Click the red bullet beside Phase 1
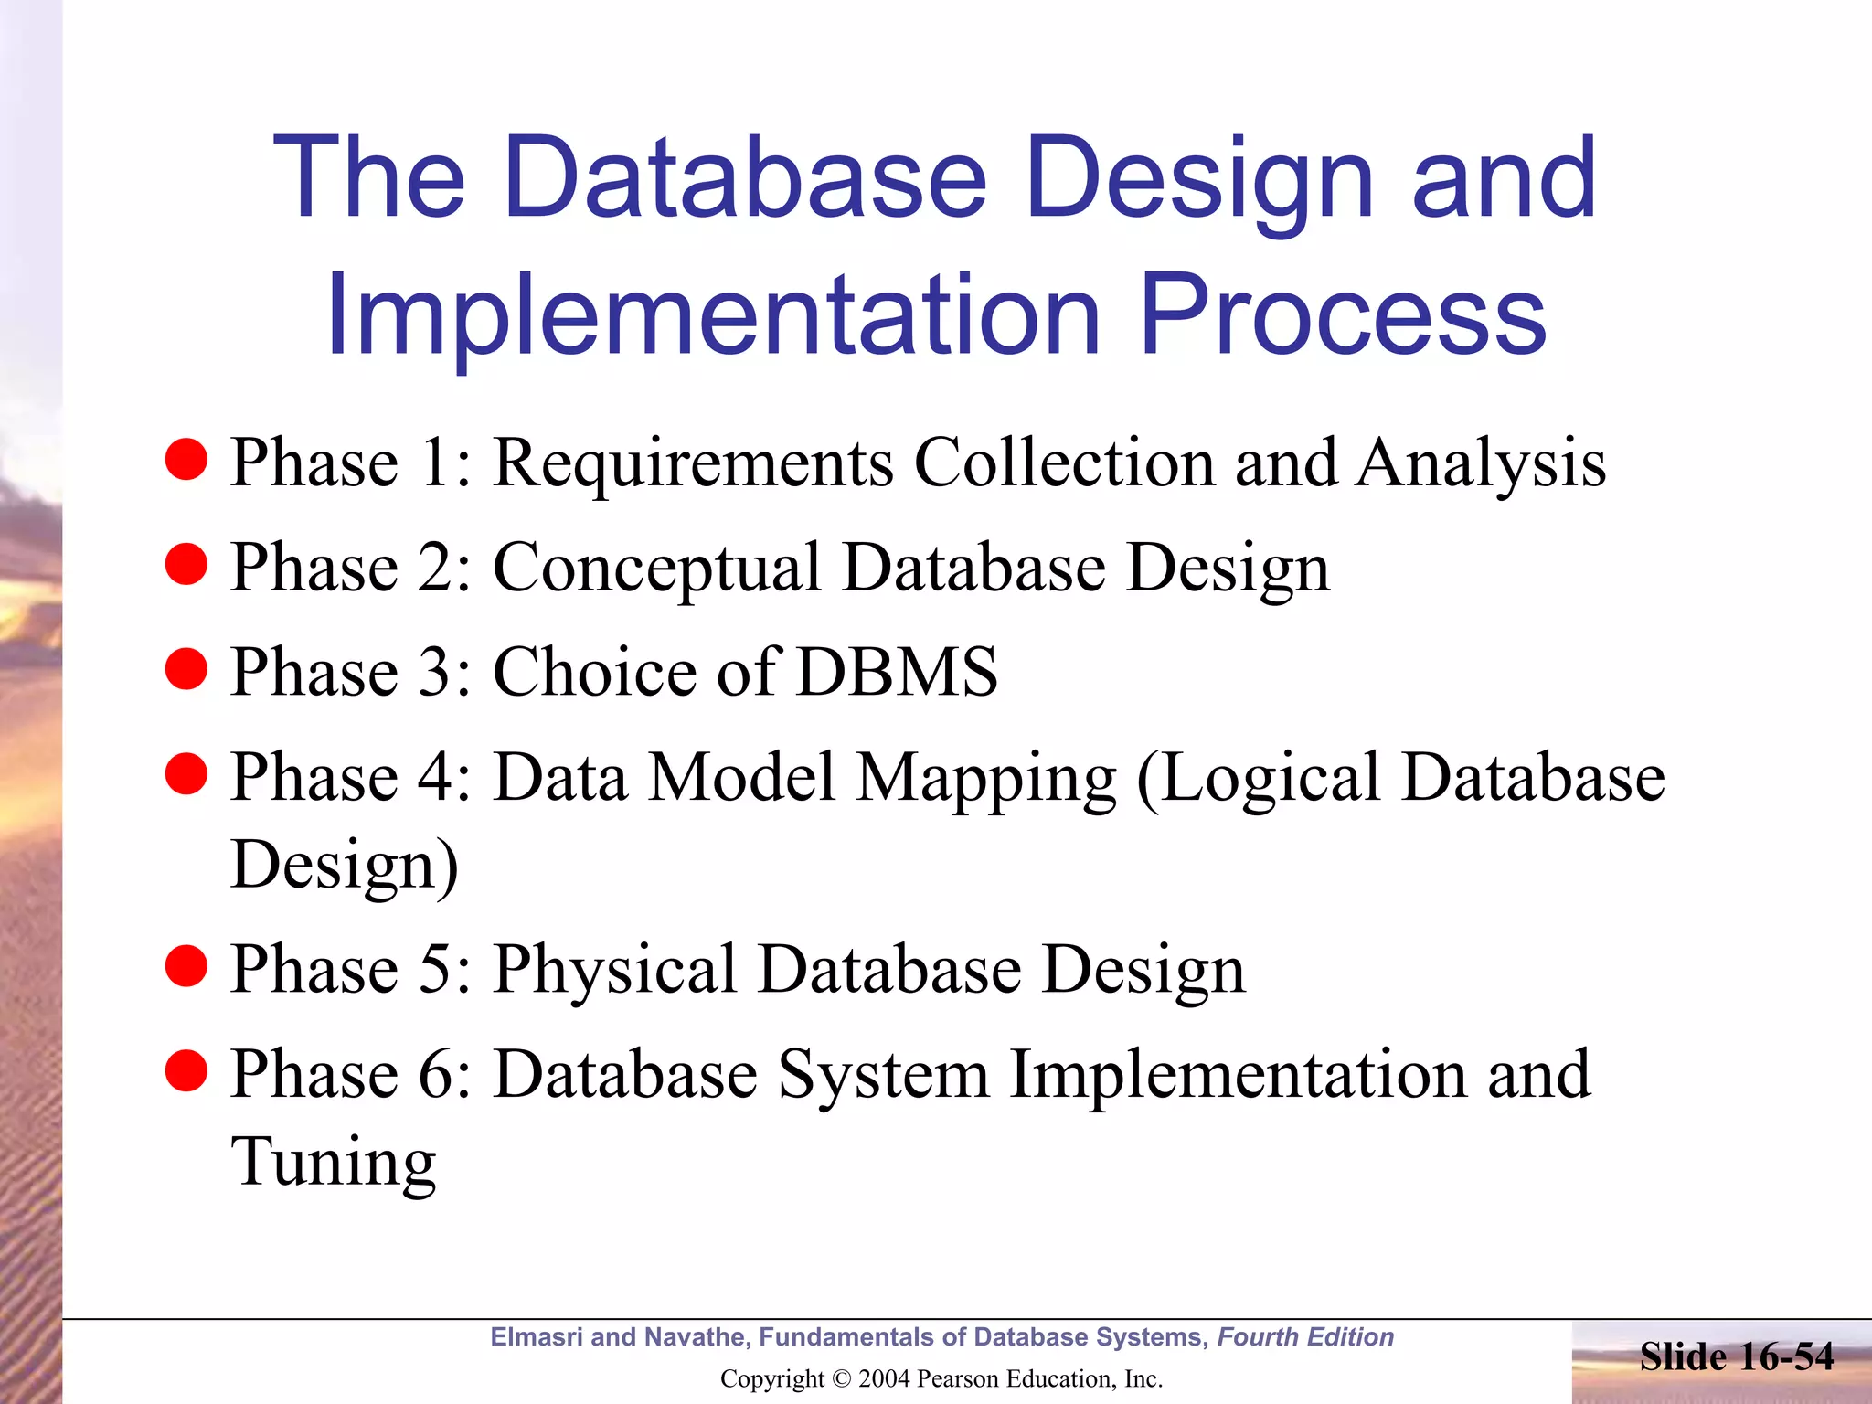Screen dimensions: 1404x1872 (x=186, y=459)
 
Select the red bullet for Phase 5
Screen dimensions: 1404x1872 (x=186, y=966)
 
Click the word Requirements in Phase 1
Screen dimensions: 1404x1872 (x=693, y=463)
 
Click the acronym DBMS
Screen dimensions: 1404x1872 (x=898, y=673)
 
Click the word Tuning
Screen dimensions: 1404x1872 (x=333, y=1163)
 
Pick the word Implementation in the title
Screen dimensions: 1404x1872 (x=713, y=315)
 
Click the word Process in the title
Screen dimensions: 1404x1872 (x=1343, y=315)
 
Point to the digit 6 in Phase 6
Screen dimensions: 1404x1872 (x=434, y=1074)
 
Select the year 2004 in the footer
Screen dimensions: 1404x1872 (x=883, y=1378)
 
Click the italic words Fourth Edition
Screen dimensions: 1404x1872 (x=1305, y=1337)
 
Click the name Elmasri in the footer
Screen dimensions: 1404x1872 (x=537, y=1337)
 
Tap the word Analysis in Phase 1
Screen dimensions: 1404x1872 (x=1481, y=463)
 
